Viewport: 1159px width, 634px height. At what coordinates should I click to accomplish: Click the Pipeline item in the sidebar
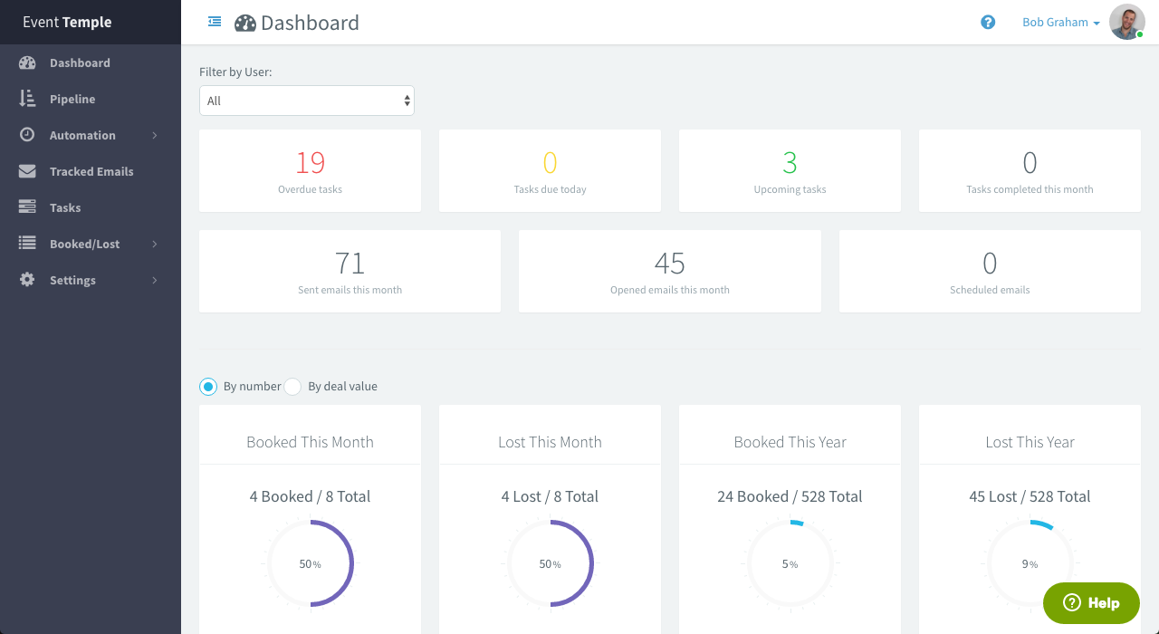72,99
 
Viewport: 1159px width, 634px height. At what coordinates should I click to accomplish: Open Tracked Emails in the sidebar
91,171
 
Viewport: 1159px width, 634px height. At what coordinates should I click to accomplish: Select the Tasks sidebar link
65,207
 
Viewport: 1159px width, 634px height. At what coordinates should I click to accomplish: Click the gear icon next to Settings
27,280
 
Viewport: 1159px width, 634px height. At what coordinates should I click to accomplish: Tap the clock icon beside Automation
27,135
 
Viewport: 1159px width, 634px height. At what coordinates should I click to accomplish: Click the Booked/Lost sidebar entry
84,244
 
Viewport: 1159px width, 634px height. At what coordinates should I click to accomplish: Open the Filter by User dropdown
307,101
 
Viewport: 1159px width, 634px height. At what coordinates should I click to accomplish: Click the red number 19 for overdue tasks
310,163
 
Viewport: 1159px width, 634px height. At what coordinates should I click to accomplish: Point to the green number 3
790,163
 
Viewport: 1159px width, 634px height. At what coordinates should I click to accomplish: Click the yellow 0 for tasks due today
550,163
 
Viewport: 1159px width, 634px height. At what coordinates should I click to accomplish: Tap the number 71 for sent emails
350,264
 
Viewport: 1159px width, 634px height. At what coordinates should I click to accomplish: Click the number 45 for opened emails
669,264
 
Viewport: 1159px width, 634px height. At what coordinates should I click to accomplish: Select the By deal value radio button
292,387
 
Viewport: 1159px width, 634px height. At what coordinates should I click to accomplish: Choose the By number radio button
208,387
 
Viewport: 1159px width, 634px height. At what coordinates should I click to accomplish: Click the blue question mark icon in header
988,22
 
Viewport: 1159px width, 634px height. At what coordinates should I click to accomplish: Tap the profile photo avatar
1126,22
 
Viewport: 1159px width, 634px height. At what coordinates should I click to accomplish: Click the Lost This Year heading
1030,442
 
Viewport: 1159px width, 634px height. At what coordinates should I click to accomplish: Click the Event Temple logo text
67,22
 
